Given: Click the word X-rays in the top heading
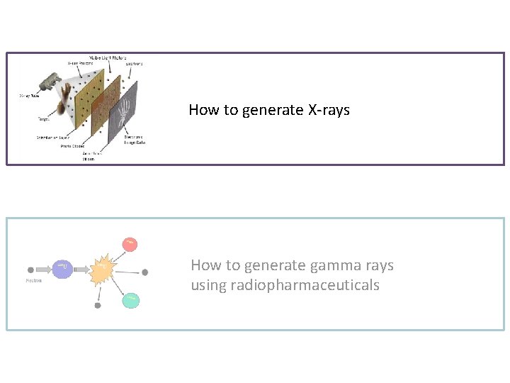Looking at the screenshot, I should (x=329, y=110).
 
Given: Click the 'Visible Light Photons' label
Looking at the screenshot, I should (x=107, y=57).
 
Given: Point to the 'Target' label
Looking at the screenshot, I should (x=44, y=119).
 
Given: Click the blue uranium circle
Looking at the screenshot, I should (x=62, y=268).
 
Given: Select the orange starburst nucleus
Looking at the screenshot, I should (x=103, y=268).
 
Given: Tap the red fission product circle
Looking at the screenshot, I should (x=130, y=244).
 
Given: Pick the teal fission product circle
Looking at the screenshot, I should (x=130, y=300).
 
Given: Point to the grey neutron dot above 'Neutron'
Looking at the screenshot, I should (x=30, y=270).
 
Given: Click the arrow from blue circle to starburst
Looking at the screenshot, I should (x=81, y=269).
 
